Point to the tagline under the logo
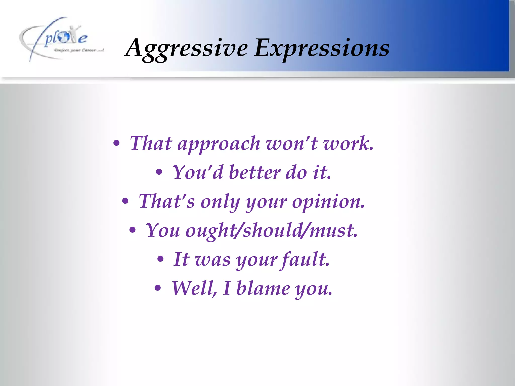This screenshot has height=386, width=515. [x=79, y=50]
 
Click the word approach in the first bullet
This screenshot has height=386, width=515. [x=219, y=144]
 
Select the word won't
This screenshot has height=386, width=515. [x=292, y=143]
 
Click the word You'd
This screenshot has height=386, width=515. [x=198, y=173]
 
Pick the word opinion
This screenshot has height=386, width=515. [x=328, y=202]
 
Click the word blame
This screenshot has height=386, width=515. [x=263, y=288]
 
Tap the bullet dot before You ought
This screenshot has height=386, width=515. [x=133, y=230]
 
